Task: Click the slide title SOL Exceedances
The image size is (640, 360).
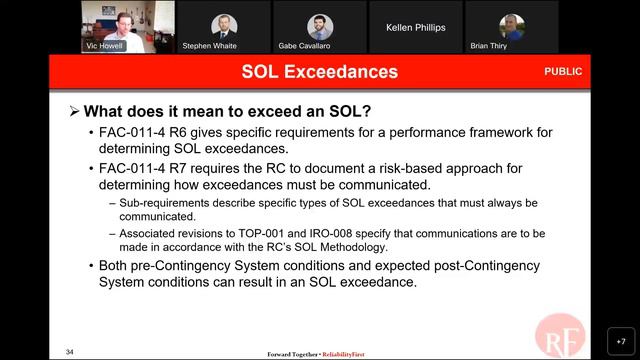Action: pyautogui.click(x=319, y=72)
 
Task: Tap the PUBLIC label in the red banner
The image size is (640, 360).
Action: pyautogui.click(x=562, y=72)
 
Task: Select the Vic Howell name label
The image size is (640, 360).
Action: pyautogui.click(x=104, y=45)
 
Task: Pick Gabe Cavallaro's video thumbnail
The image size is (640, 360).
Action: pyautogui.click(x=319, y=27)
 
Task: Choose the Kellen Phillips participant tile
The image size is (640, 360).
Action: pyautogui.click(x=415, y=27)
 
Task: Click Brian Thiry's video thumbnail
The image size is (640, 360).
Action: pyautogui.click(x=511, y=27)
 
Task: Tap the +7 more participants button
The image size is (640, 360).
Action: pyautogui.click(x=620, y=341)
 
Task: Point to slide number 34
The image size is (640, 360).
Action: pyautogui.click(x=70, y=351)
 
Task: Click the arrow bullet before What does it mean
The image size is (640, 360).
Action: pyautogui.click(x=74, y=111)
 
